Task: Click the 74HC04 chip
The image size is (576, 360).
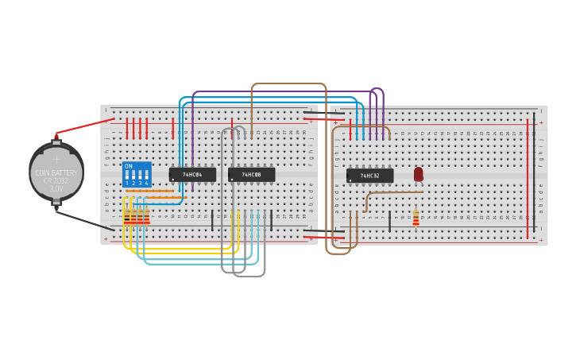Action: tap(192, 174)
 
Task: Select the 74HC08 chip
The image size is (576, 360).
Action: tap(251, 174)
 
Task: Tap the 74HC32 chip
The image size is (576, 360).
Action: tap(369, 175)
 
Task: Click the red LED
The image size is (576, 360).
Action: tap(419, 173)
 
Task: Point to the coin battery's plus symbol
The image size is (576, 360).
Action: tap(56, 159)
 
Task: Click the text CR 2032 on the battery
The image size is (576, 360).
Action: tap(56, 180)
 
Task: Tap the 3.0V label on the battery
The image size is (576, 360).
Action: tap(56, 189)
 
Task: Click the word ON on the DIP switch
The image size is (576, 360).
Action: tap(129, 166)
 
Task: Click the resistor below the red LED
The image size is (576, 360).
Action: tap(416, 218)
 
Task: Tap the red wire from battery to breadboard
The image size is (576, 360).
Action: tap(83, 126)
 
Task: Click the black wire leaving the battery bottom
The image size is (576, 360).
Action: tap(83, 220)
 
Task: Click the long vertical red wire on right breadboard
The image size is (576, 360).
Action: tap(527, 179)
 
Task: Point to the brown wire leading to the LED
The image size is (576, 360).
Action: tap(393, 192)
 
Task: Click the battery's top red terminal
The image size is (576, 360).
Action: tap(56, 137)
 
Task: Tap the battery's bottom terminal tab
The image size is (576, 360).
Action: tap(56, 203)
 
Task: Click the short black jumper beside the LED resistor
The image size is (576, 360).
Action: tap(389, 222)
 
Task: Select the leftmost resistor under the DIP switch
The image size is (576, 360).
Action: tap(126, 217)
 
